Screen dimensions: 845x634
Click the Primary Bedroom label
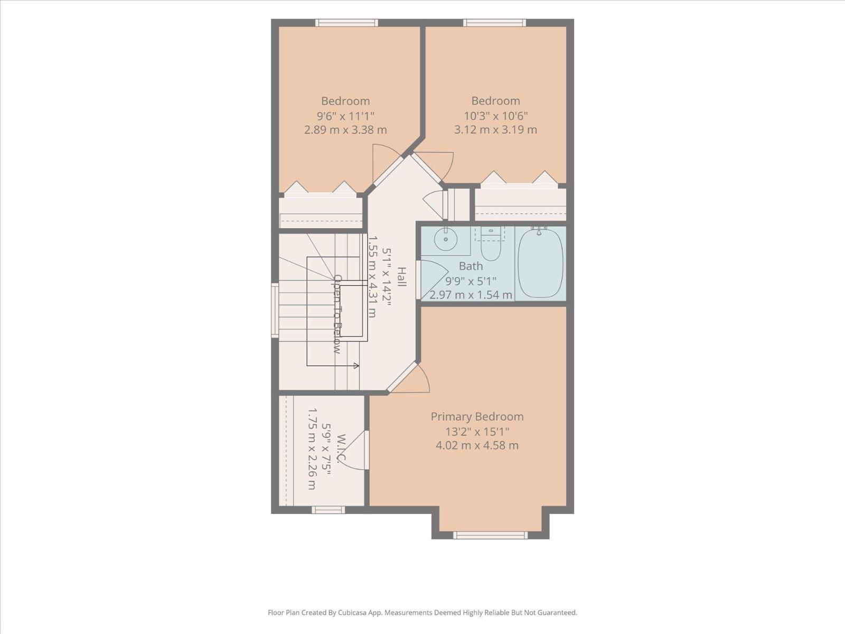click(x=477, y=416)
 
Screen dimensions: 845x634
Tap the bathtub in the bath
click(x=540, y=263)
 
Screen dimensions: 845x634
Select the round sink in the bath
click(x=446, y=239)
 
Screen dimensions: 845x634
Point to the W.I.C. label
click(x=342, y=448)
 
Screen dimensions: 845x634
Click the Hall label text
click(x=401, y=277)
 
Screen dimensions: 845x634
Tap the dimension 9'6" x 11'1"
click(x=346, y=116)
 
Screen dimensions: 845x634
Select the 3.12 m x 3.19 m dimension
click(x=495, y=129)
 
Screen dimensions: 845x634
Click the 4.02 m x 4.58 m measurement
click(x=477, y=445)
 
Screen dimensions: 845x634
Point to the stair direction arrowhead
click(x=357, y=365)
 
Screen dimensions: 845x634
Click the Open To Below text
click(x=337, y=314)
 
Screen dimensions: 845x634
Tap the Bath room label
click(x=471, y=266)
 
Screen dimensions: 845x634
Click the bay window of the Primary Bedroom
click(x=490, y=535)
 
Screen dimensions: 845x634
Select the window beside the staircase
click(x=275, y=311)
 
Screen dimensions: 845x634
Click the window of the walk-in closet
click(x=328, y=510)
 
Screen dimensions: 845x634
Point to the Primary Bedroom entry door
click(x=409, y=378)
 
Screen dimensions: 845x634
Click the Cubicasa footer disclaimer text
click(x=422, y=612)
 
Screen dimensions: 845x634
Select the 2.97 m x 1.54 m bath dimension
click(x=471, y=295)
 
